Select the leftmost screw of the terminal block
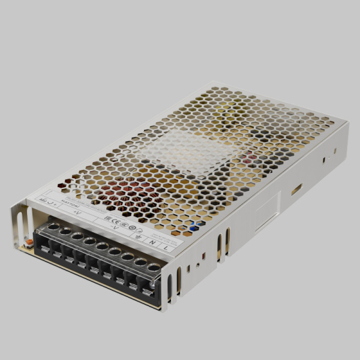(x=53, y=227)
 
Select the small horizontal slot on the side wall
(x=296, y=190)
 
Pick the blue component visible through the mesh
(x=194, y=227)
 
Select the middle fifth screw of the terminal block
(x=102, y=247)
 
